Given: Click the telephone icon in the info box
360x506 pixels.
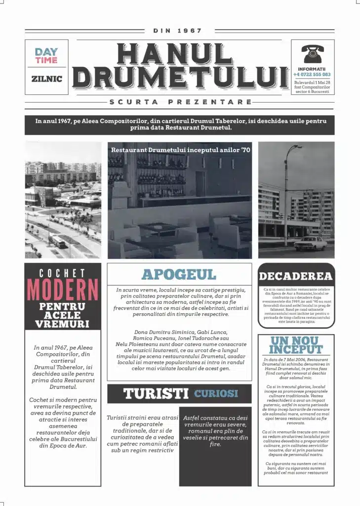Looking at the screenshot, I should (312, 53).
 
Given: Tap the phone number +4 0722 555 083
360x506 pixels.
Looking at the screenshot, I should (312, 75).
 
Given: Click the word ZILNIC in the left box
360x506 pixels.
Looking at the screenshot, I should (46, 79).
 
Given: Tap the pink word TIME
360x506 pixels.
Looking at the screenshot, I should (46, 60).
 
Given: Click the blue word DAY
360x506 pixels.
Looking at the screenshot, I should (46, 51).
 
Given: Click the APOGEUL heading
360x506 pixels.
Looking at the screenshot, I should (179, 275).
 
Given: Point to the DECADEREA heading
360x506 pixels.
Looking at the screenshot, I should (296, 276).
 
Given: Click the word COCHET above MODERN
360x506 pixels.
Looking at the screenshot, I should (63, 273).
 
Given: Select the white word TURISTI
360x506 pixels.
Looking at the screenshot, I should (156, 394).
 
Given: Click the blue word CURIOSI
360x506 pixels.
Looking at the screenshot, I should (216, 394).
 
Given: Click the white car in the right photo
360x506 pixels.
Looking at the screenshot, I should (310, 244).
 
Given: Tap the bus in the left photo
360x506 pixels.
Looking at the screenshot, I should (59, 241).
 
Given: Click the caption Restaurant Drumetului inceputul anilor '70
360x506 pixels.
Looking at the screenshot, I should (181, 149).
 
